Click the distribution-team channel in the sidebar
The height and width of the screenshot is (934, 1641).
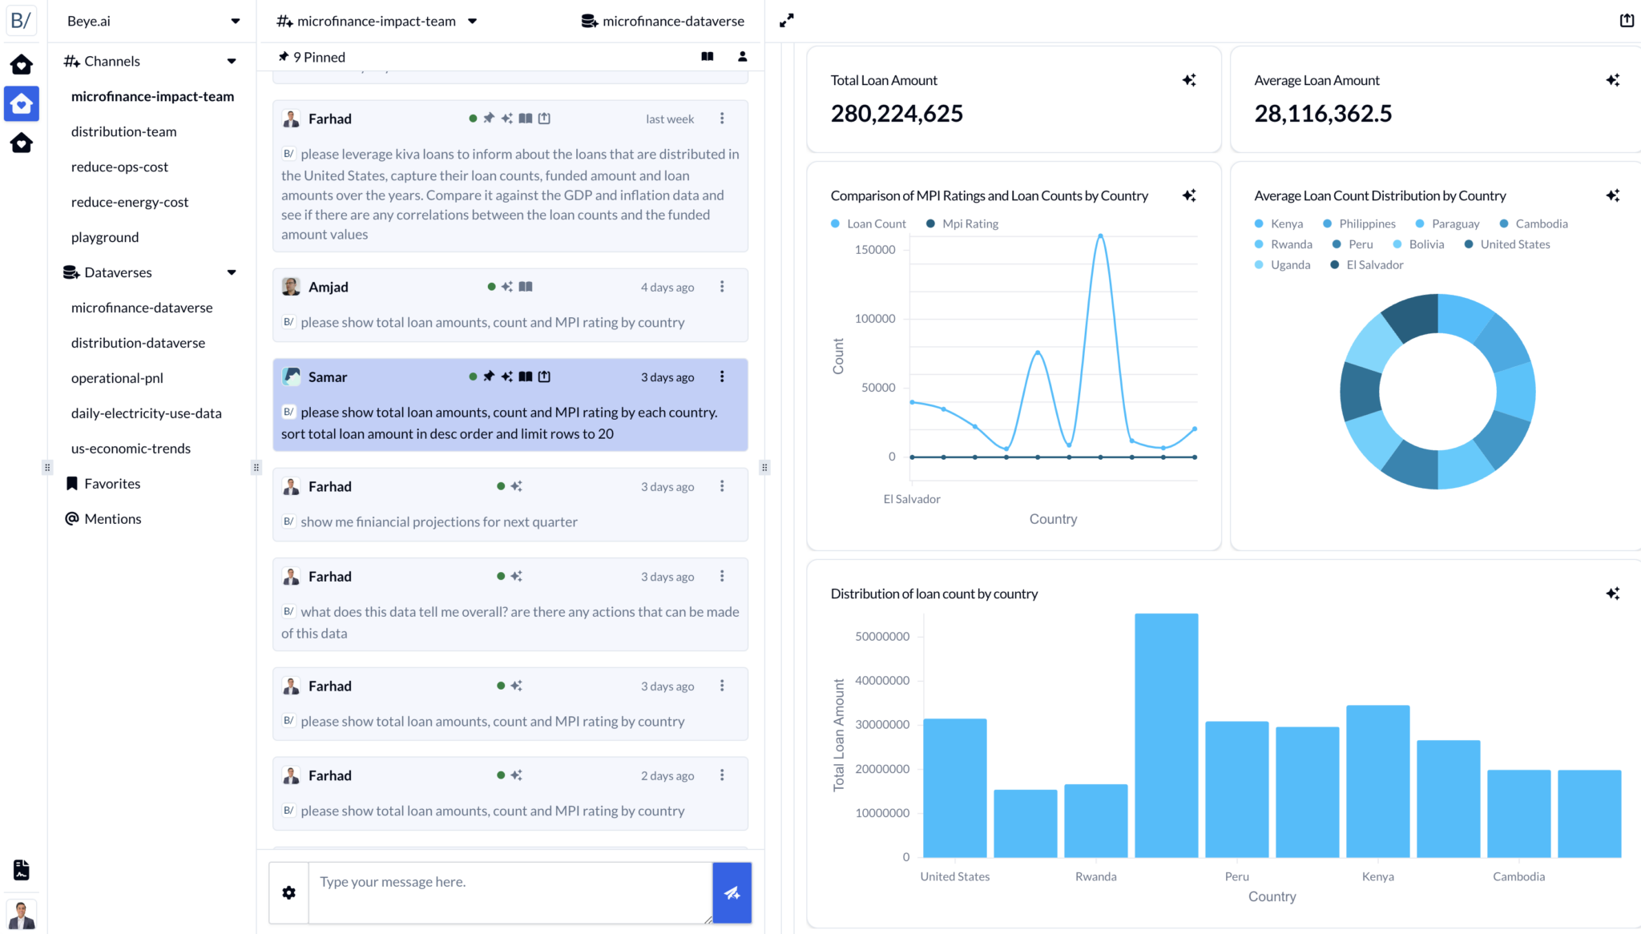(x=123, y=131)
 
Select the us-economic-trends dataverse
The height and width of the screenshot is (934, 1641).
(x=131, y=449)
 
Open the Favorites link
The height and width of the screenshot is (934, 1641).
(x=112, y=484)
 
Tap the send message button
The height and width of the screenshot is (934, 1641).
(x=732, y=893)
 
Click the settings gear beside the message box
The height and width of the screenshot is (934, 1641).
(x=289, y=893)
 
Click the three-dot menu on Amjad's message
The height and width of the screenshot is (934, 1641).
(x=722, y=287)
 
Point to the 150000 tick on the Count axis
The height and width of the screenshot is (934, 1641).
(x=875, y=250)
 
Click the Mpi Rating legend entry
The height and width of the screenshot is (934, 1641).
(x=970, y=224)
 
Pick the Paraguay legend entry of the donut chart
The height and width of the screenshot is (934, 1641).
(x=1454, y=224)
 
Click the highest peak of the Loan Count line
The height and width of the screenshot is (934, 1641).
(x=1100, y=236)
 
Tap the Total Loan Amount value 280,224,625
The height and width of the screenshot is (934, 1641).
(x=897, y=114)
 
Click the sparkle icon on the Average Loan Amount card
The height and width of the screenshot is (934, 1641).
(x=1612, y=80)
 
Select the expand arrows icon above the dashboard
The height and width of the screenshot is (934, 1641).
(x=787, y=21)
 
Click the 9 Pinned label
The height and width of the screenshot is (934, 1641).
(x=319, y=57)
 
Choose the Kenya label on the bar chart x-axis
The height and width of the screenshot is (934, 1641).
(x=1377, y=876)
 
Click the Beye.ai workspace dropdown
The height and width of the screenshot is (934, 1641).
(x=152, y=22)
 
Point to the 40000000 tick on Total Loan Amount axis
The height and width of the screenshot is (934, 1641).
(x=882, y=681)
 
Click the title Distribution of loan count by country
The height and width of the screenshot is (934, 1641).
(x=933, y=594)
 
